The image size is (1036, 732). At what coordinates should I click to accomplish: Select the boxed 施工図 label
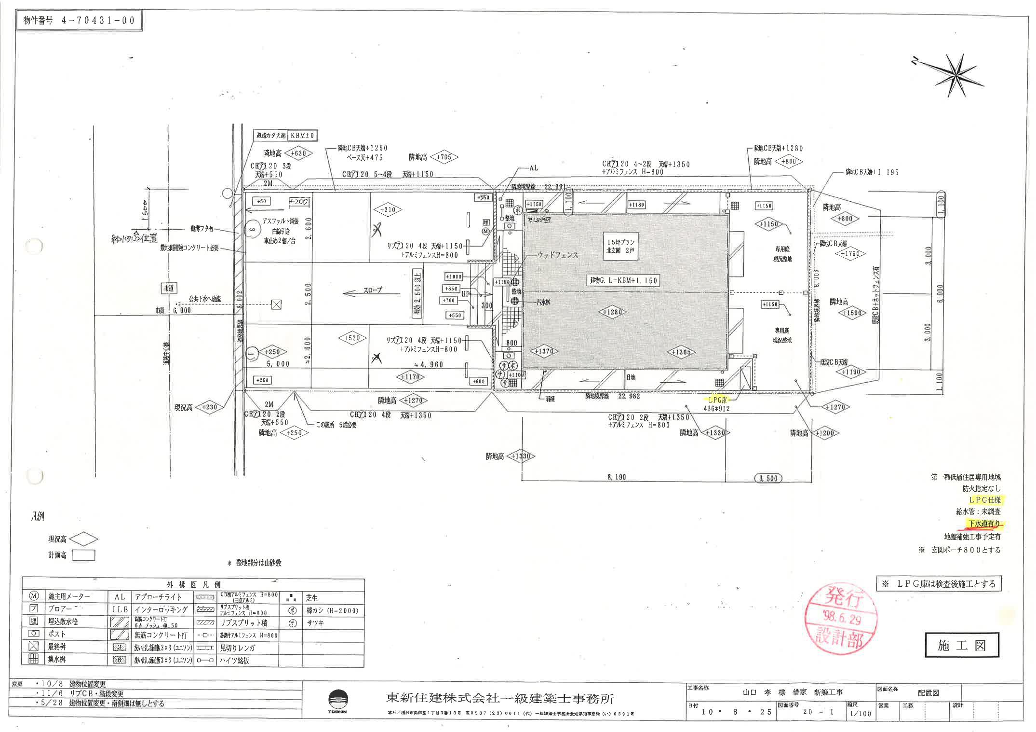pos(961,645)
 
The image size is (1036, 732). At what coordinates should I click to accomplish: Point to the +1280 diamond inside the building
pos(613,312)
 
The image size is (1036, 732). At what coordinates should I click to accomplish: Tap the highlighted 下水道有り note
pos(983,524)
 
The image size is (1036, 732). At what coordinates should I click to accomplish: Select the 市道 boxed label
pos(168,288)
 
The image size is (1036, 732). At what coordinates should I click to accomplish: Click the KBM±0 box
pos(302,136)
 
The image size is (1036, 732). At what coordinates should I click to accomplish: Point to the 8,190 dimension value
pos(617,477)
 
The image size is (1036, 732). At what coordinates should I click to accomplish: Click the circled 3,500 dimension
pos(768,478)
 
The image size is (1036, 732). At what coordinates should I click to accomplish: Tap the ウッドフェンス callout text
pos(558,255)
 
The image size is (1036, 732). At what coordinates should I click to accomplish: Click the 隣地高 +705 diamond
pos(444,157)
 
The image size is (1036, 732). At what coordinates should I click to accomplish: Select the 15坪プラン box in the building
pos(620,246)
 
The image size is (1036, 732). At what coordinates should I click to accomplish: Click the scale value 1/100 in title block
pos(861,713)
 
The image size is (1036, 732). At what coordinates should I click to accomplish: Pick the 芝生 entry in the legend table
pos(312,597)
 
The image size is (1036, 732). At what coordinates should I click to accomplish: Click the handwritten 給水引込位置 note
pos(133,238)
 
